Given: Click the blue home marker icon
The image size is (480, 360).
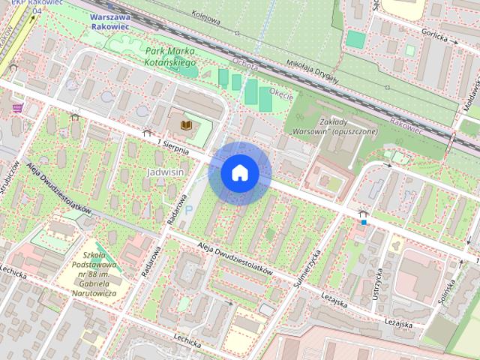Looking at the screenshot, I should (239, 173).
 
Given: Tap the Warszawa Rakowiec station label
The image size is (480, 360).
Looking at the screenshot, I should (109, 21).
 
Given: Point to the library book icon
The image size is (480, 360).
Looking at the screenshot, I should (185, 122).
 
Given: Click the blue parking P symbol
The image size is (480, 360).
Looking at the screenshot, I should (188, 211).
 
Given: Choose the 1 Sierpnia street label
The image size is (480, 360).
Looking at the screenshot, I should (178, 145).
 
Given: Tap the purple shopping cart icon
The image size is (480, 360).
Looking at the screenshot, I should (16, 108).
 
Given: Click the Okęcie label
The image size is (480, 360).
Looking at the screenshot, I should (280, 94).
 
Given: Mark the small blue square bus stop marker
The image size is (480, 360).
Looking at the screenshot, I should (364, 221).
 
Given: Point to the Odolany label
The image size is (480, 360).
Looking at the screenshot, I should (245, 65).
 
